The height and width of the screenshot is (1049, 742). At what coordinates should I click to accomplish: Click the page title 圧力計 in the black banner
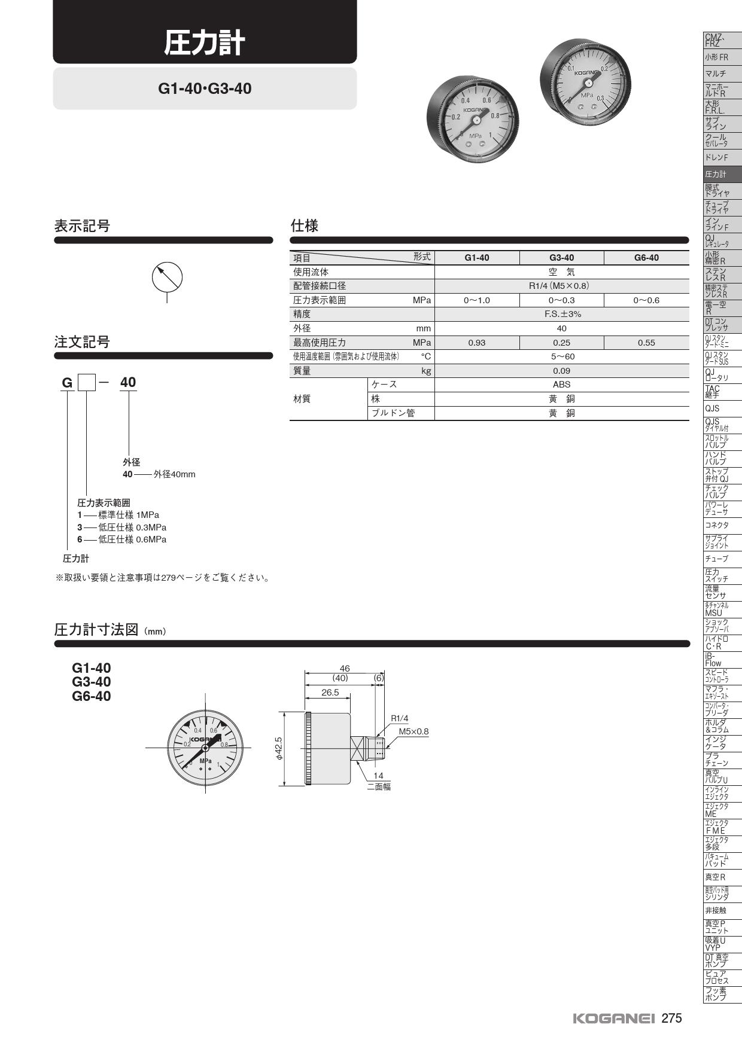coord(205,44)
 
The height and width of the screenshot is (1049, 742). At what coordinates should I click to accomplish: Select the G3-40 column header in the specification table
coord(561,258)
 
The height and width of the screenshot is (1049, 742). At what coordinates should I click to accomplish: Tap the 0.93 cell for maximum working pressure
coord(477,343)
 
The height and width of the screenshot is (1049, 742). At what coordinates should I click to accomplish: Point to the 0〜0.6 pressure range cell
coord(646,300)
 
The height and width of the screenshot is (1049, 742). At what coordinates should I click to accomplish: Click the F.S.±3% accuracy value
coord(562,314)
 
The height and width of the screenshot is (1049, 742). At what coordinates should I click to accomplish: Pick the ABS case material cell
coord(562,385)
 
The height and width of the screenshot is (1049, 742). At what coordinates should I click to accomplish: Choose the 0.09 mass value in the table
coord(562,371)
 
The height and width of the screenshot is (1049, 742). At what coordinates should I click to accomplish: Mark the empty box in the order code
coord(87,382)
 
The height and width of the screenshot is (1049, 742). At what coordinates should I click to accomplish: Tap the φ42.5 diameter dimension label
coord(279,749)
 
